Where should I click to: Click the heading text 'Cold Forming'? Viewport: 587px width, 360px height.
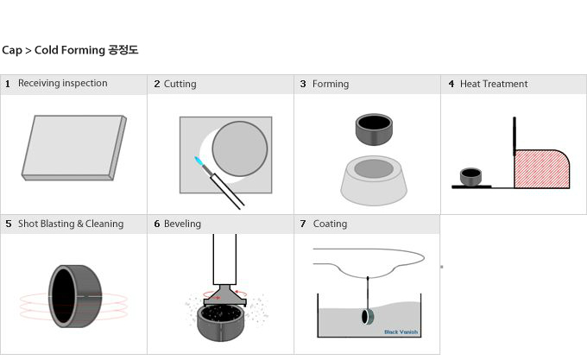coord(70,50)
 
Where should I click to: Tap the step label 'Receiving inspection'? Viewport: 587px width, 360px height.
coord(62,83)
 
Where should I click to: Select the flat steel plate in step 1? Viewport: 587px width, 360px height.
coord(73,148)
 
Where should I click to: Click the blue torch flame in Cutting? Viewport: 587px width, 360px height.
coord(199,161)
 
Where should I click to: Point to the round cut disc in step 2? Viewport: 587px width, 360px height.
coord(240,148)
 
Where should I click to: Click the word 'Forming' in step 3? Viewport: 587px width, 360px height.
coord(331,84)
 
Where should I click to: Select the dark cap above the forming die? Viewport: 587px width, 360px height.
coord(374,129)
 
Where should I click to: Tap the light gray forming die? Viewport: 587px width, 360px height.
coord(374,180)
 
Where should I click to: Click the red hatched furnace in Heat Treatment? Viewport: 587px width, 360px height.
coord(542,168)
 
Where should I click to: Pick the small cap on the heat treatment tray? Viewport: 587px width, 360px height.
coord(470,177)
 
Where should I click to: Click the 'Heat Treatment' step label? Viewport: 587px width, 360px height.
coord(494,84)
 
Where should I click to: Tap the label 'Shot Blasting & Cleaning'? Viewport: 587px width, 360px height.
coord(71,224)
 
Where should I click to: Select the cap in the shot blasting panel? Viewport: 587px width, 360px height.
coord(75,296)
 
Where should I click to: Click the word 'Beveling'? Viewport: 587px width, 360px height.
coord(182,224)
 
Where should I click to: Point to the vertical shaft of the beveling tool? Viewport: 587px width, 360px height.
coord(224,259)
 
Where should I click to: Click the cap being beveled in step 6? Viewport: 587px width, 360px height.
coord(221,323)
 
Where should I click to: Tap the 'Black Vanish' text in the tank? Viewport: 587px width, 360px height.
coord(401,332)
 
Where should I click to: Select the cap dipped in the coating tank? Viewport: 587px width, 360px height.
coord(367,317)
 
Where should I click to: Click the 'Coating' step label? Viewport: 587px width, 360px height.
coord(330,224)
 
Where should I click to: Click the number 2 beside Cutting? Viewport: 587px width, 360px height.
coord(157,84)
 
